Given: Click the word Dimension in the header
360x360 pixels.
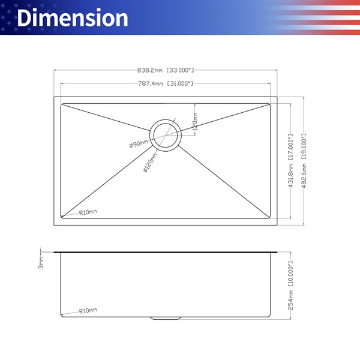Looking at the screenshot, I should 72,17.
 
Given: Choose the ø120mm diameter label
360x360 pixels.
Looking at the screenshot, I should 148,160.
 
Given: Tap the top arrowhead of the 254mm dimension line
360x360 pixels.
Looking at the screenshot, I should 290,254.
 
